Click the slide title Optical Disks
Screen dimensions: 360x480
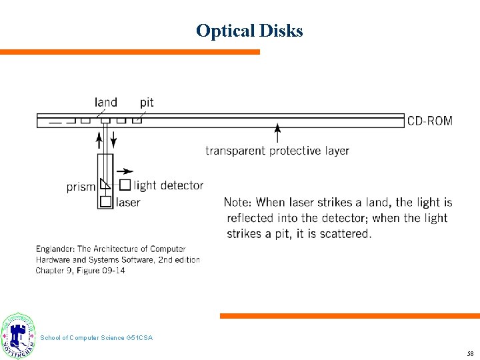point(249,31)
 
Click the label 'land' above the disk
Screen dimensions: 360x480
point(106,102)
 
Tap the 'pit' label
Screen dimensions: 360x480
point(147,102)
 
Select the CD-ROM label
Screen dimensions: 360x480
point(429,121)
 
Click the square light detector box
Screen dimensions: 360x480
point(125,185)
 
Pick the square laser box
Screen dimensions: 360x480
point(105,201)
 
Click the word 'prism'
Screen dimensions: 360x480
point(81,187)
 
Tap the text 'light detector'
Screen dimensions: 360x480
point(169,185)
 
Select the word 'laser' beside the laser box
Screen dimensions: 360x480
point(128,202)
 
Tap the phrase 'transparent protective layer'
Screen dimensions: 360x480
point(277,151)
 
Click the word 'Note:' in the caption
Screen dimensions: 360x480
point(238,202)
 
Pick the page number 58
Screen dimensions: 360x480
point(470,353)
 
